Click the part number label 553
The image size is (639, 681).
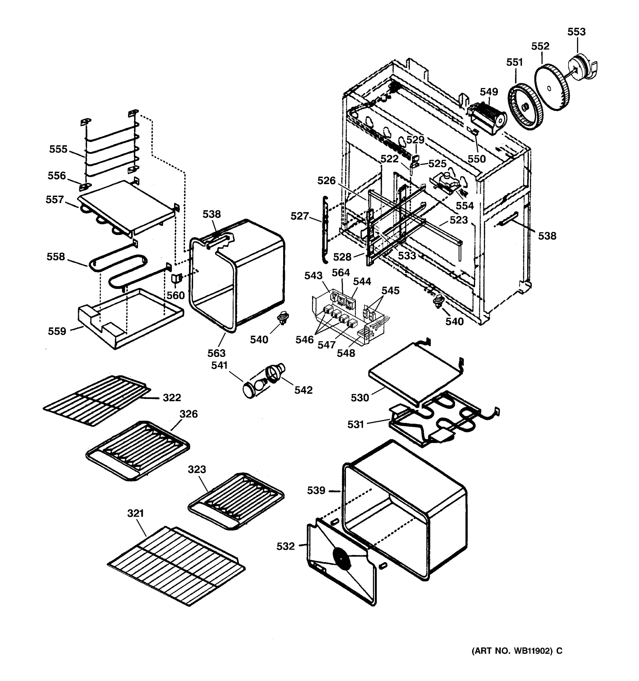pos(576,32)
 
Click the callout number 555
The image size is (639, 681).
pos(58,149)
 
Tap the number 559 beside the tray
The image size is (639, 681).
pos(57,331)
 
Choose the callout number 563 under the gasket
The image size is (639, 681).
pos(216,353)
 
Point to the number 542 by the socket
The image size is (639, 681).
pos(303,390)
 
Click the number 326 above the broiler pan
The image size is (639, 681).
pos(189,414)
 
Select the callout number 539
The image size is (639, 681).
pos(316,491)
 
